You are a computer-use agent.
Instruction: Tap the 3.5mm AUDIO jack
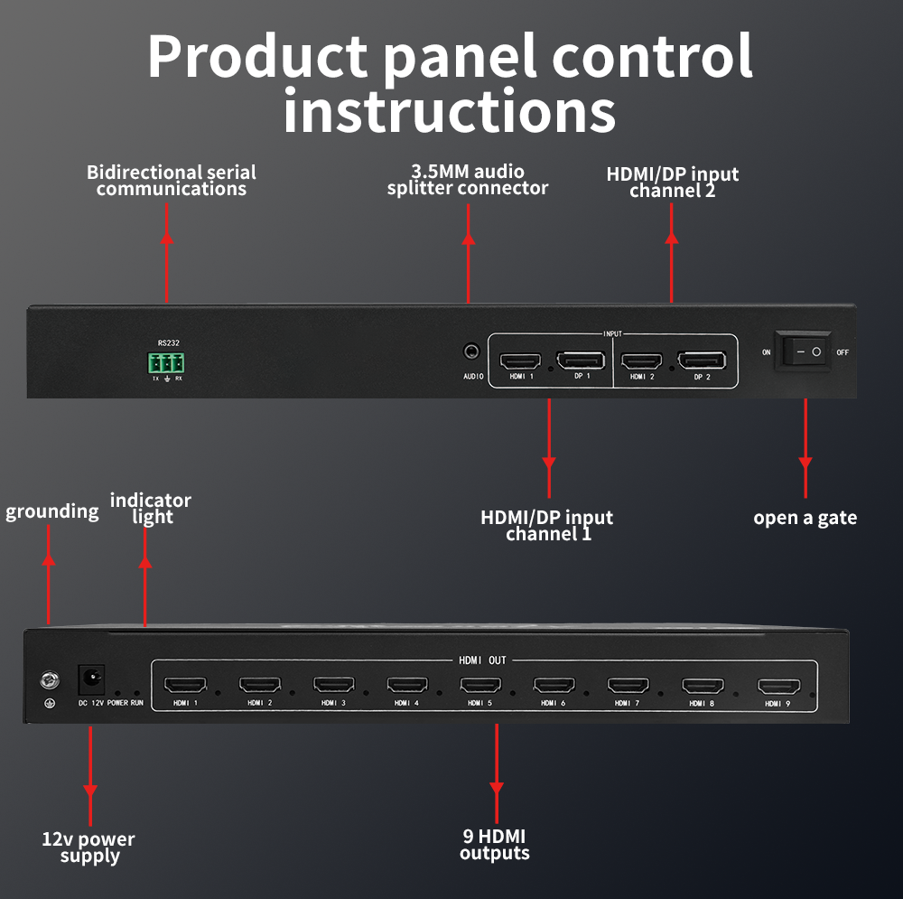(471, 351)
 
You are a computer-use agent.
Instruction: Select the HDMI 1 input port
(520, 361)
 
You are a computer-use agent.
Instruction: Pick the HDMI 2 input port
(642, 361)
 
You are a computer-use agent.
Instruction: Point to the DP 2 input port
(702, 361)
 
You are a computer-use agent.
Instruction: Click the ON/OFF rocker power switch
(806, 351)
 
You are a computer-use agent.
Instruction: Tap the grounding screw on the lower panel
(49, 679)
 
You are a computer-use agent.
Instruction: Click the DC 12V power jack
(93, 677)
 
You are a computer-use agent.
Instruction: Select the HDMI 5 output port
(479, 685)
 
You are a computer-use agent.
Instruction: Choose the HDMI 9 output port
(777, 687)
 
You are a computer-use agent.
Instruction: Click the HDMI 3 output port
(333, 685)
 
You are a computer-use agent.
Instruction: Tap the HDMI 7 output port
(628, 685)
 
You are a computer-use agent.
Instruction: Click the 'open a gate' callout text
(805, 518)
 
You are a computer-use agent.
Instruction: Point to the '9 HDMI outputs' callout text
(494, 845)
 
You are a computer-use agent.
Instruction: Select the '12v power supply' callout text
(88, 847)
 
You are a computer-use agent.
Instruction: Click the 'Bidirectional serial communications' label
(171, 180)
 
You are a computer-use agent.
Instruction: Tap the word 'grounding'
(52, 511)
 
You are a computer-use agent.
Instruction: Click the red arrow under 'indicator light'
(144, 587)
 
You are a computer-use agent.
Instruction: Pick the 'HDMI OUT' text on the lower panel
(483, 660)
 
